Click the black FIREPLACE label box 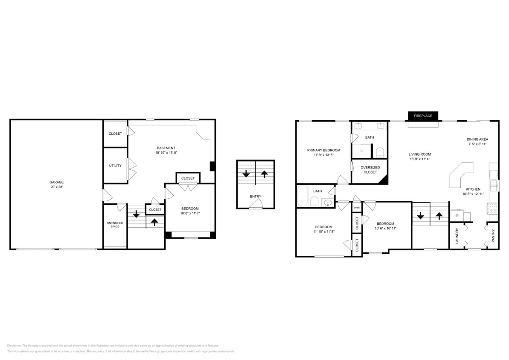click(423, 116)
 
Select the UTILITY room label click(115, 165)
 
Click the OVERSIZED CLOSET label click(370, 170)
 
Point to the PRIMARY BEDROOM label click(323, 150)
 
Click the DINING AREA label click(477, 139)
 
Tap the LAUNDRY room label click(457, 235)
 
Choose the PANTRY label click(493, 236)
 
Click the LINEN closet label click(357, 208)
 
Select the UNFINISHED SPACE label click(115, 224)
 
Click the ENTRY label click(256, 197)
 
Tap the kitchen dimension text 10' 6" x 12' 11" click(473, 195)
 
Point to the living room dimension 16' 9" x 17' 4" click(420, 160)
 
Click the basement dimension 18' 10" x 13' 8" click(166, 153)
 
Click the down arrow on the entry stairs click(246, 174)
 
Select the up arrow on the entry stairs click(265, 174)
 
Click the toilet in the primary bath click(380, 153)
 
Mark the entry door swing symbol click(256, 206)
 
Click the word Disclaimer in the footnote click(14, 345)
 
